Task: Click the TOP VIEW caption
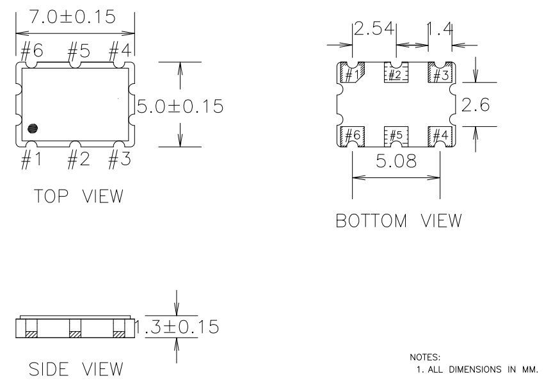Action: tap(69, 196)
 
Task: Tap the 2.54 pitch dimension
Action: tap(374, 29)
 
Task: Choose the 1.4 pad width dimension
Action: tap(440, 29)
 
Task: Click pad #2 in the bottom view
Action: tap(396, 74)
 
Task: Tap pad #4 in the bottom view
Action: tap(440, 135)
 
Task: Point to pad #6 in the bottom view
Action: tap(351, 135)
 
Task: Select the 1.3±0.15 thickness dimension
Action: tap(180, 327)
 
